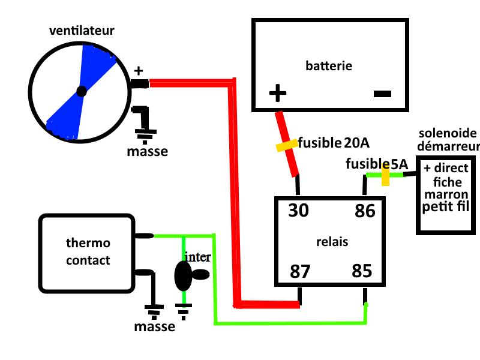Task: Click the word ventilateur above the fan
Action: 82,29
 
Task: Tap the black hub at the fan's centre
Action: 82,92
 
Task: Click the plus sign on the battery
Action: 277,93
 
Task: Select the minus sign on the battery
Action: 382,94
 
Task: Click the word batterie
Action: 329,65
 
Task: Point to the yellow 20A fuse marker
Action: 286,145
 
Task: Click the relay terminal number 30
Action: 299,211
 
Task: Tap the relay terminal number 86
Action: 364,211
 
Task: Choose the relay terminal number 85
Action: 362,271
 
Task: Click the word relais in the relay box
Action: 332,242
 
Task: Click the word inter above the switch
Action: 197,257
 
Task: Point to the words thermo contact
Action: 88,252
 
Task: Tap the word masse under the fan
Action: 148,151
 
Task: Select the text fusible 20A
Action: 334,143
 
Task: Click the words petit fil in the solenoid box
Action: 445,207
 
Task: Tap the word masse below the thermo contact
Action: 154,327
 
